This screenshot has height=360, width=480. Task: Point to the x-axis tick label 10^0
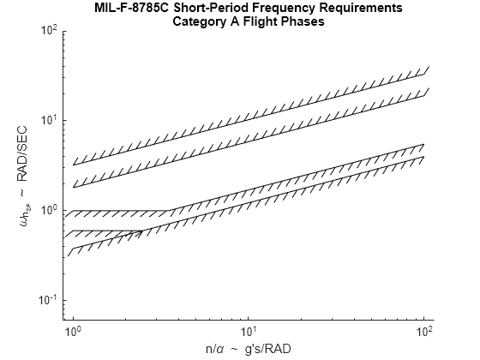(74, 329)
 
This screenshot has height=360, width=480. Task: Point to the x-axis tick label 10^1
(249, 329)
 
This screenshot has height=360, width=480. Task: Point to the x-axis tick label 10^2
(424, 329)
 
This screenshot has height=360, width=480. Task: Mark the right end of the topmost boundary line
(425, 75)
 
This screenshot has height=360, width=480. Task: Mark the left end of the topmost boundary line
(74, 165)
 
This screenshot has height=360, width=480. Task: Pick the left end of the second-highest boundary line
(74, 187)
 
